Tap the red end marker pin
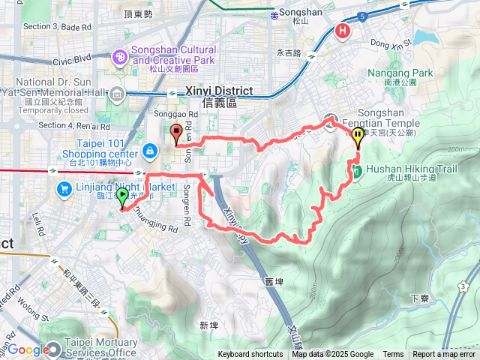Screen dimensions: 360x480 click(177, 133)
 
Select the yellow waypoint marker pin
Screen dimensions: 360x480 click(358, 136)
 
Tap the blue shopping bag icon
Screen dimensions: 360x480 click(151, 151)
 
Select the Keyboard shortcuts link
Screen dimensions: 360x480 click(250, 355)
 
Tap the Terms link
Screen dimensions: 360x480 click(393, 355)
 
